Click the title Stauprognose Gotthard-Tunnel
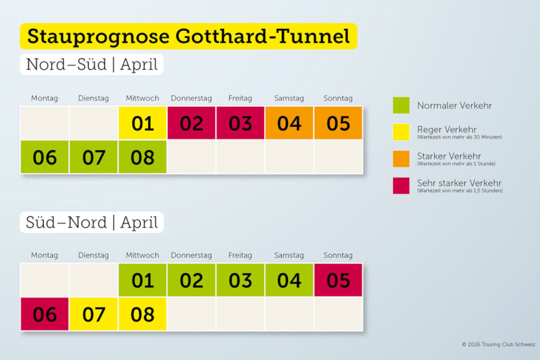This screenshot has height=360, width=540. click(x=188, y=36)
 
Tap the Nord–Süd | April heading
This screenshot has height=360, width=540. click(x=92, y=64)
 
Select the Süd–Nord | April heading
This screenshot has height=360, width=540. click(x=92, y=222)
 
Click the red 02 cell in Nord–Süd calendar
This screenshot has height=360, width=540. click(x=192, y=123)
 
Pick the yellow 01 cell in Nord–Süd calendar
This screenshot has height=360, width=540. click(x=143, y=123)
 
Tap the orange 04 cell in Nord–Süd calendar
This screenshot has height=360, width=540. click(x=289, y=123)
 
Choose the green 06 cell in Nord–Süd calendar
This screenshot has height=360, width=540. click(x=45, y=157)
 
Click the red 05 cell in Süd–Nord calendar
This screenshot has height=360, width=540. click(x=338, y=280)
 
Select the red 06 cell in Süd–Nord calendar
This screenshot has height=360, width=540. click(x=45, y=314)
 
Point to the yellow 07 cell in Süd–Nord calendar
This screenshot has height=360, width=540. click(x=94, y=314)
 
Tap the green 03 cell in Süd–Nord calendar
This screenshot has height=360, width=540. click(x=240, y=280)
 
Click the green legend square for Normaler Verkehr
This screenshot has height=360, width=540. click(x=401, y=105)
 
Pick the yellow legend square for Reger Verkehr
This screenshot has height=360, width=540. click(x=401, y=132)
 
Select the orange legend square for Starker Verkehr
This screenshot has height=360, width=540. click(x=401, y=158)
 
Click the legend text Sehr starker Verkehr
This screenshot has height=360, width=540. click(x=459, y=183)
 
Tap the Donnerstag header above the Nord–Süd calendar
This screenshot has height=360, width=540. click(x=191, y=98)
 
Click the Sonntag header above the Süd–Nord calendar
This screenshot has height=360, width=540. click(x=338, y=255)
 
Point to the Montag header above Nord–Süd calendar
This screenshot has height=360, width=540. click(x=45, y=98)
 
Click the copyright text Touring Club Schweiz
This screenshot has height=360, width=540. click(x=499, y=344)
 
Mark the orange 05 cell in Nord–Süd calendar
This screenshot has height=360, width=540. click(x=338, y=123)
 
